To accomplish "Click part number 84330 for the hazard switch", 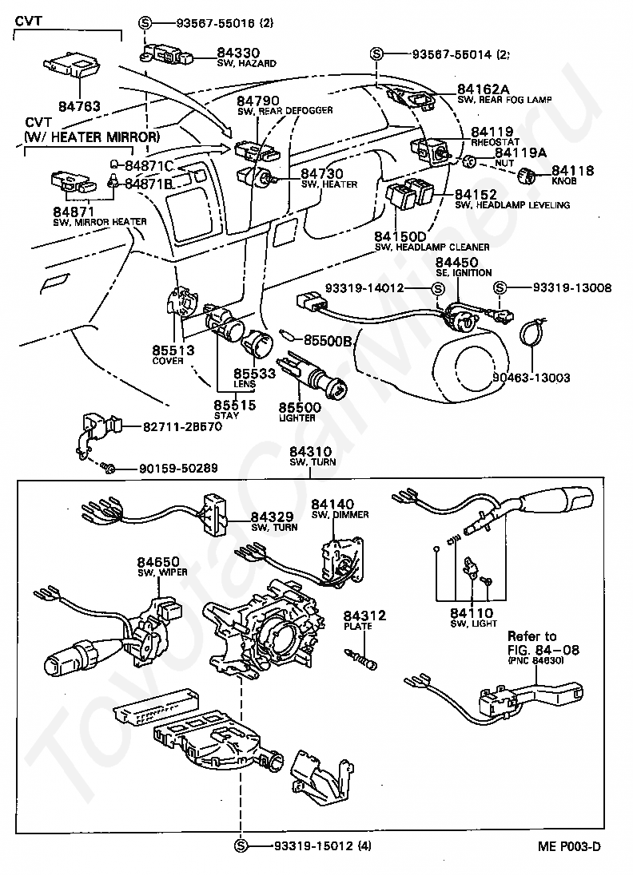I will click(x=237, y=53).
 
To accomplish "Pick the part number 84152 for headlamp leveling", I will click(x=476, y=195).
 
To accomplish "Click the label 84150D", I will click(x=400, y=237).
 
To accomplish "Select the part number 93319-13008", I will click(x=562, y=287).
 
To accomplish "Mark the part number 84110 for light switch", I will click(x=472, y=612).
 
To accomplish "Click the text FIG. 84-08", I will click(x=543, y=650).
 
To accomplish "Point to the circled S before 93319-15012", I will click(x=241, y=845).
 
